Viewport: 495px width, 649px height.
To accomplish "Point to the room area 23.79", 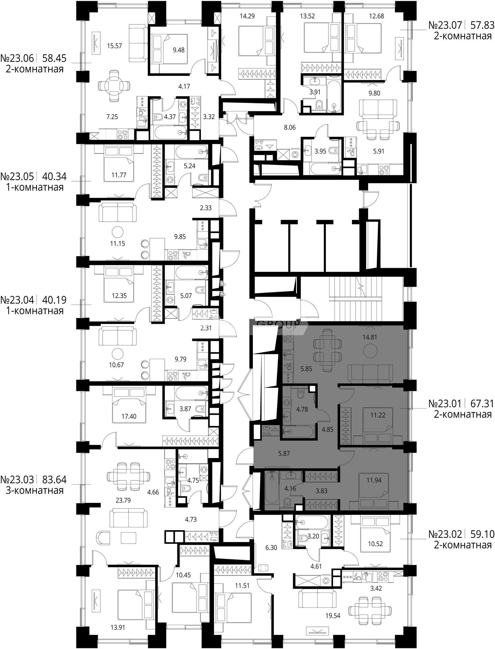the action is [123, 500].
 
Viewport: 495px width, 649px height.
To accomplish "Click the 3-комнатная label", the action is [35, 490].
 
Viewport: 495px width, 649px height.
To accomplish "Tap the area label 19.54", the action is [333, 615].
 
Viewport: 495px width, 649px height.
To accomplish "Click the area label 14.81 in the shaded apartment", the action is [370, 337].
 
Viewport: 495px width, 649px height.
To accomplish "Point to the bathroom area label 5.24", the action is [189, 166].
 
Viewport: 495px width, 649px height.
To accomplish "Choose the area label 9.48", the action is [179, 50].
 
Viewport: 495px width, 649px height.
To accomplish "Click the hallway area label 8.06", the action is [290, 128].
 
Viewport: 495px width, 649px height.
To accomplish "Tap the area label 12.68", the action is [377, 16].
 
